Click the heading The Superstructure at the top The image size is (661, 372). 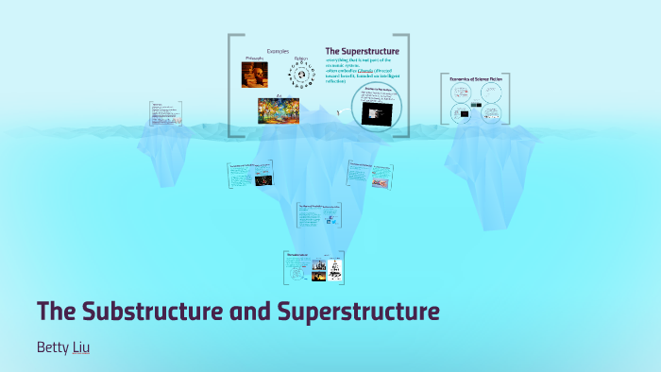tap(362, 51)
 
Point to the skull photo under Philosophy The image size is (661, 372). tap(254, 76)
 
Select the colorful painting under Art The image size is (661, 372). tap(279, 111)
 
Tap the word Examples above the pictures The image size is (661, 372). tap(278, 51)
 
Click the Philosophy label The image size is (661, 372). tap(254, 59)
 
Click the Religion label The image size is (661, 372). tap(300, 59)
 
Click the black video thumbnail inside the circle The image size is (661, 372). tap(375, 113)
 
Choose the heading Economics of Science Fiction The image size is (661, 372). tap(474, 78)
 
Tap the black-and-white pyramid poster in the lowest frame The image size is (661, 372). tap(333, 270)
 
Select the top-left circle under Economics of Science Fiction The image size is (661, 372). tap(462, 93)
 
